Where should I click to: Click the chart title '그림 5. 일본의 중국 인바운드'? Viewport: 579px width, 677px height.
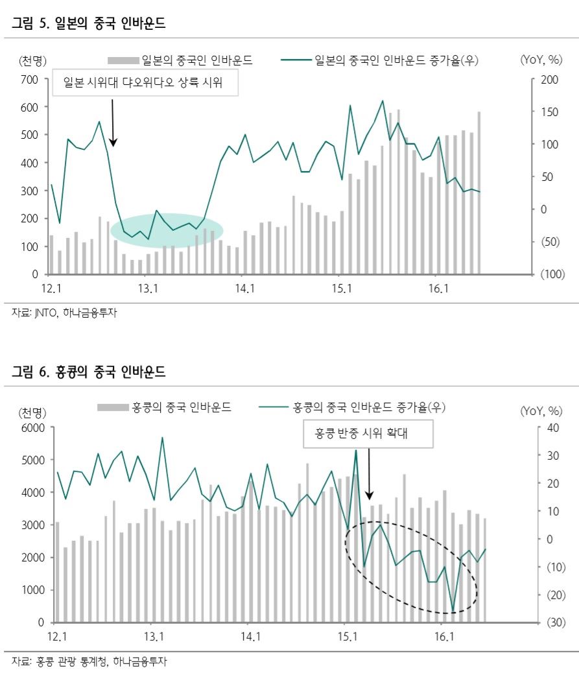(x=89, y=25)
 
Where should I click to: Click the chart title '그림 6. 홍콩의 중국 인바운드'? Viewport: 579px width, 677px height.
(x=89, y=372)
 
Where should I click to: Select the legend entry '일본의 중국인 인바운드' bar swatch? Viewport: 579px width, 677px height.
(x=123, y=61)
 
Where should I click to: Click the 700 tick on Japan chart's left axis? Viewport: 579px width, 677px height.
(x=30, y=79)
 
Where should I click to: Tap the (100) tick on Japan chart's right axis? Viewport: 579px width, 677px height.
(x=552, y=274)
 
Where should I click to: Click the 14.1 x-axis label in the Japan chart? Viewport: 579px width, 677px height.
(x=245, y=289)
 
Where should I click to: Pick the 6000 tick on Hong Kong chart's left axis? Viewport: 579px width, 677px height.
(x=32, y=427)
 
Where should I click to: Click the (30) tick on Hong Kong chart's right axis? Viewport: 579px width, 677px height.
(x=552, y=623)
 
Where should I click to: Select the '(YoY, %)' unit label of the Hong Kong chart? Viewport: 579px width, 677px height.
(x=541, y=410)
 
